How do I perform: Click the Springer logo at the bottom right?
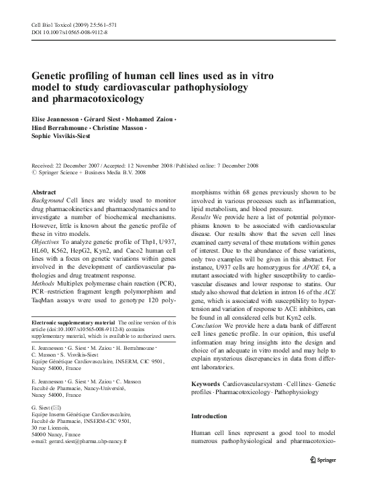(x=328, y=461)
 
